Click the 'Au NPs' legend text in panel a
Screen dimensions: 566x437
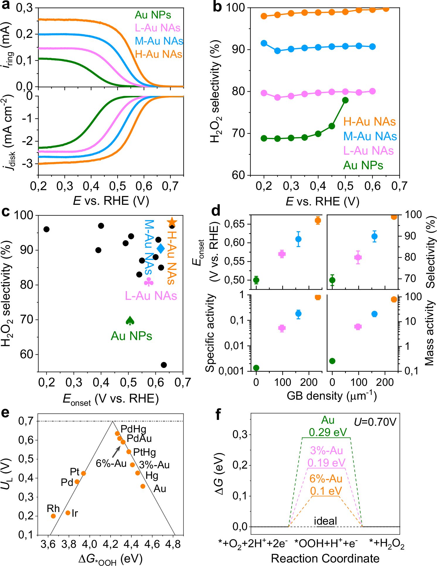point(153,15)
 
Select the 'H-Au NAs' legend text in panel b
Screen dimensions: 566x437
point(369,121)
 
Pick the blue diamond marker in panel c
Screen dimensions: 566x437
point(161,249)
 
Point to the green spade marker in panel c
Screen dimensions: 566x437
point(130,321)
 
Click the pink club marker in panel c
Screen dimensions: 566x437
point(149,282)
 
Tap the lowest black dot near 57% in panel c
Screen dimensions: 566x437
point(164,365)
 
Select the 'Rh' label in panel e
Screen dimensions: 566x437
point(53,508)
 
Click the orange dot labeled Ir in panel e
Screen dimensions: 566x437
point(68,513)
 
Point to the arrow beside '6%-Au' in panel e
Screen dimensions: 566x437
point(116,452)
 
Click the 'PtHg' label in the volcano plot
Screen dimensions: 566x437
point(144,452)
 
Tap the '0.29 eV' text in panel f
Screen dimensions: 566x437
point(328,432)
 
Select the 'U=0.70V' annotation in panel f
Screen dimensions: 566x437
point(375,422)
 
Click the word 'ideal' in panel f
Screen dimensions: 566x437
point(325,521)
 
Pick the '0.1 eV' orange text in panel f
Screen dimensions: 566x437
point(326,491)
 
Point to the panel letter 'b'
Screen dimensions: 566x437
point(217,7)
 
